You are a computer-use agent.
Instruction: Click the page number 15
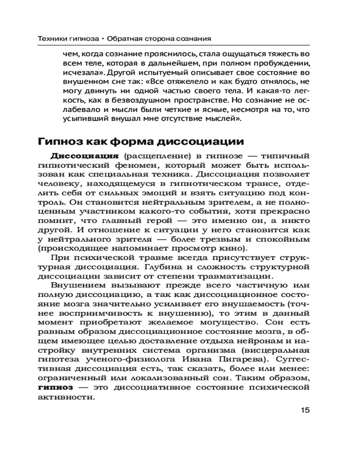coord(304,410)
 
